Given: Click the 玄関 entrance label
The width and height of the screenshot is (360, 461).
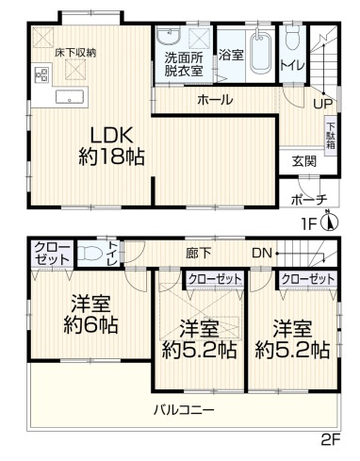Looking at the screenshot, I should tap(304, 159).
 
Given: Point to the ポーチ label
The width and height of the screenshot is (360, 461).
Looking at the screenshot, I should tap(309, 199).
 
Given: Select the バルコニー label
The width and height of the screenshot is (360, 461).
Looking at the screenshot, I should tap(186, 410).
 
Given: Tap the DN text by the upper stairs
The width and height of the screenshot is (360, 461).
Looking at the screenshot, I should tap(262, 253).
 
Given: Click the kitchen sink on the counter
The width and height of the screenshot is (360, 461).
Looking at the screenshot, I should tap(69, 98).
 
